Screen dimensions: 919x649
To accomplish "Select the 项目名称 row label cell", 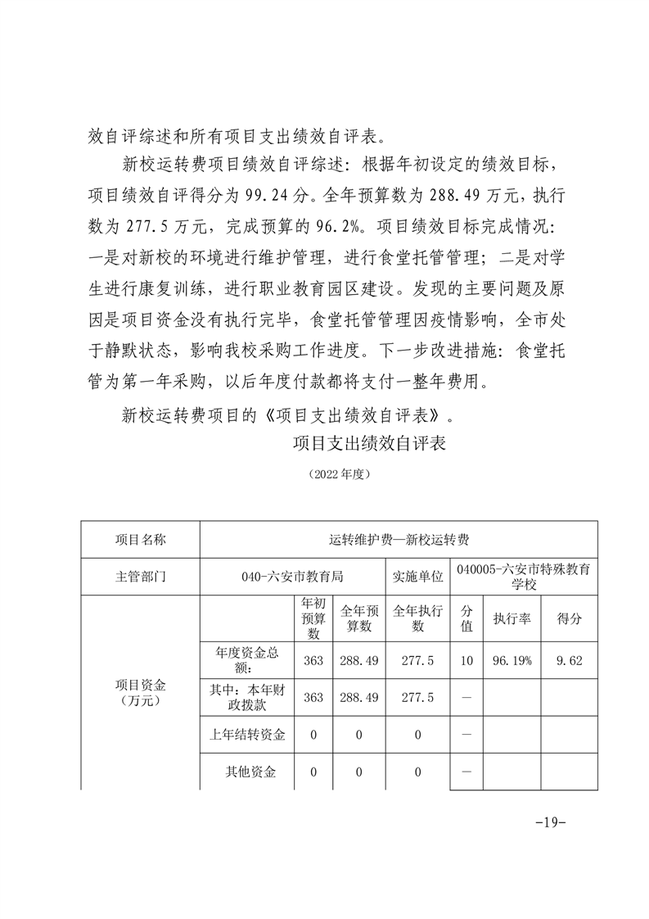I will point(141,540).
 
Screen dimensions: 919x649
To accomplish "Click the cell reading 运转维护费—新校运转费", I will point(399,540).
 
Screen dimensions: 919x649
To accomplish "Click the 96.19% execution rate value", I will point(512,660).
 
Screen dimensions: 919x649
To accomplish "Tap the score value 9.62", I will point(570,660).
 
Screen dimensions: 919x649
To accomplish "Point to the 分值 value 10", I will point(466,660).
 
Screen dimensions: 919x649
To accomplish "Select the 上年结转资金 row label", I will point(247,735).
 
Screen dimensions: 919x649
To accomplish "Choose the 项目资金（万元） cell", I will point(141,692).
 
